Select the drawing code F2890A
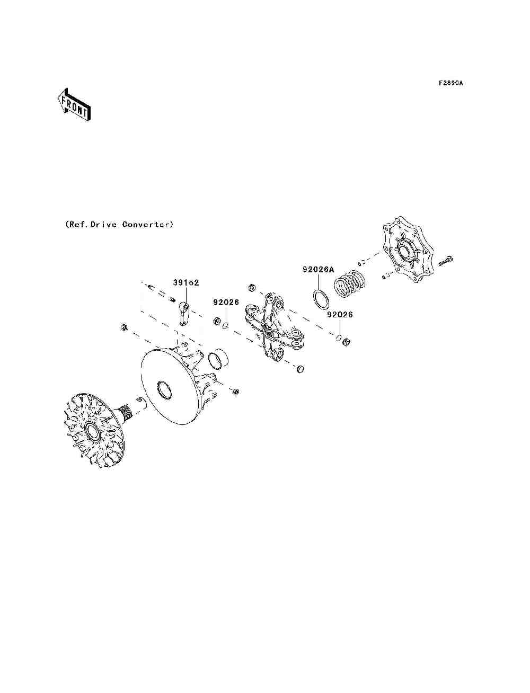click(x=450, y=83)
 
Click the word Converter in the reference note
click(x=147, y=225)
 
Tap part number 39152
click(x=186, y=282)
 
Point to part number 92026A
click(x=319, y=269)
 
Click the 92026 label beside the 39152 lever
click(x=226, y=302)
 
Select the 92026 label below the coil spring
click(x=339, y=314)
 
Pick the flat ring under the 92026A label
click(x=321, y=299)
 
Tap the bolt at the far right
click(x=446, y=261)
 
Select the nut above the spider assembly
click(x=251, y=288)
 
